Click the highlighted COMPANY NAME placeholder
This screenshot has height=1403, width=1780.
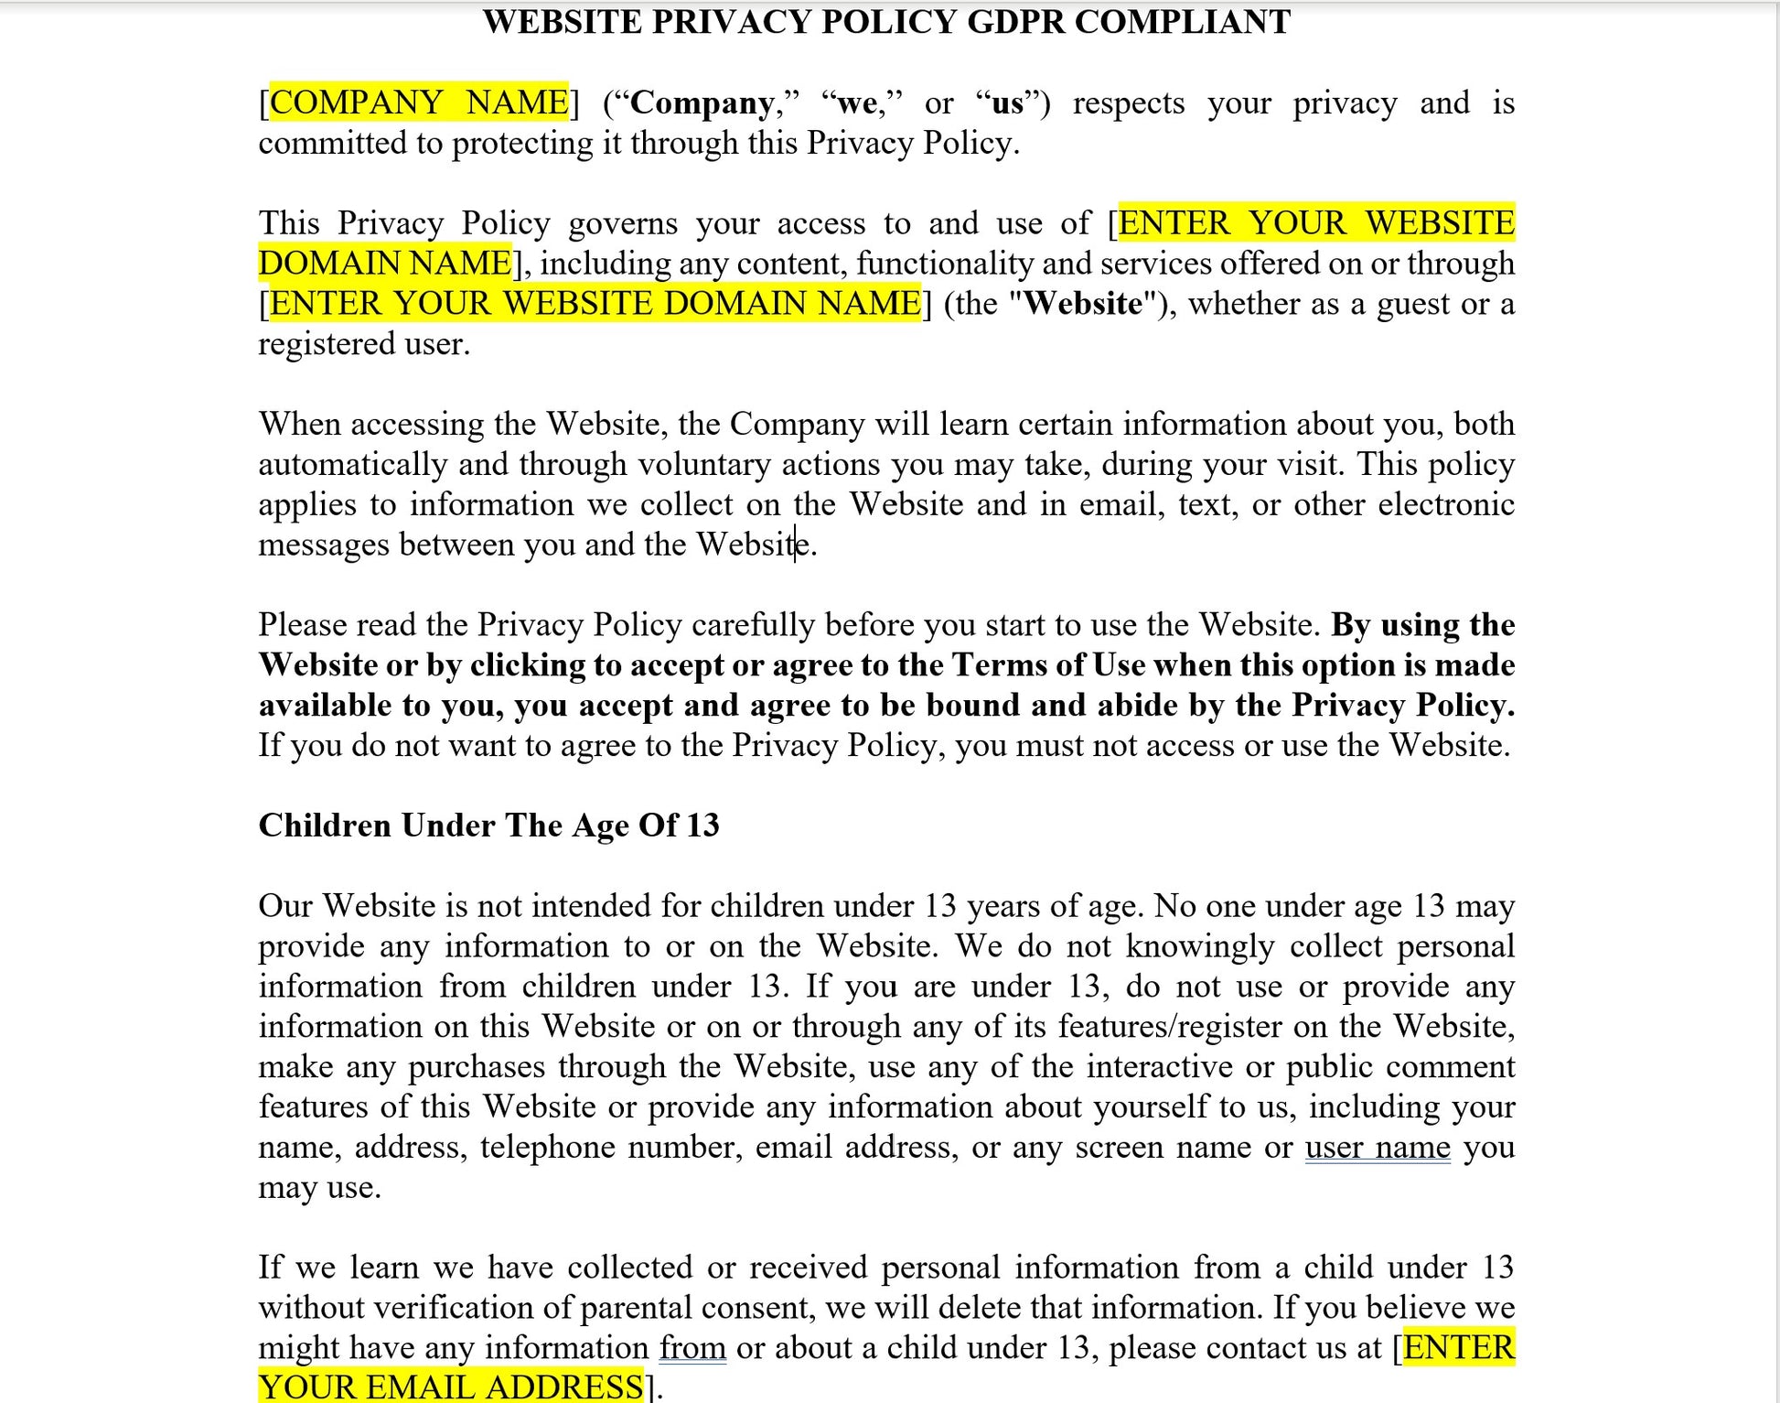(x=419, y=102)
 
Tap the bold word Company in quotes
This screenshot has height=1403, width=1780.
(x=702, y=103)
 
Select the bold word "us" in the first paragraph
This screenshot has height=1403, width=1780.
(x=1007, y=103)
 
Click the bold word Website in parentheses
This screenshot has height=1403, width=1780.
(x=1084, y=303)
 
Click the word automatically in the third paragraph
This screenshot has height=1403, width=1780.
(x=352, y=464)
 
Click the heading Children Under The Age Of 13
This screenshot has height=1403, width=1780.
(x=488, y=825)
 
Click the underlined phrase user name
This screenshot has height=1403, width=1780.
(x=1377, y=1147)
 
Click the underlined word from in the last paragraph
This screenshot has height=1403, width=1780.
(x=692, y=1347)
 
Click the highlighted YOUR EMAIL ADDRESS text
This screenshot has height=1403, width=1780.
(x=450, y=1387)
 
